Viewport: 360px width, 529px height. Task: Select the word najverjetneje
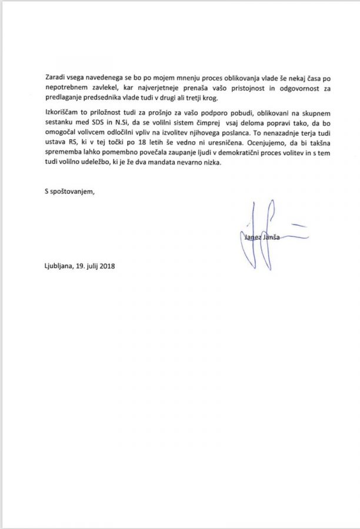point(160,89)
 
